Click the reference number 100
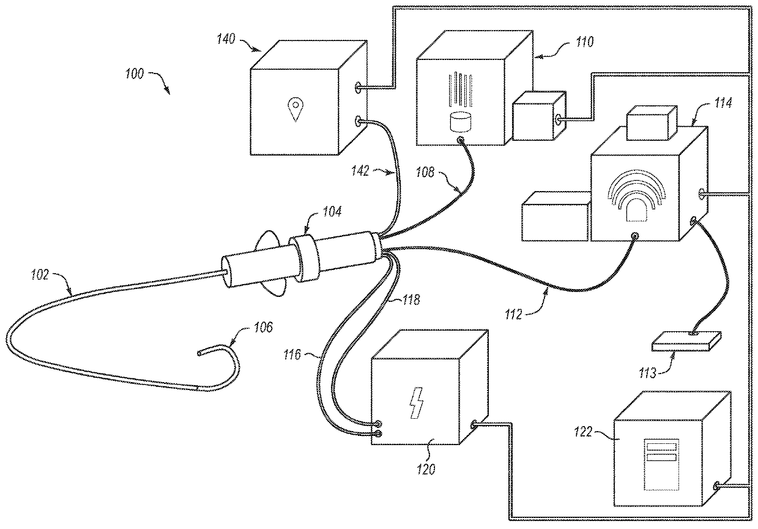[135, 74]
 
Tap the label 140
[226, 39]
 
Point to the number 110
[585, 42]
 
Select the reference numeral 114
[723, 103]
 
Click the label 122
[584, 432]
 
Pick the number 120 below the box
[426, 470]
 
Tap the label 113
[648, 373]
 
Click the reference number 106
[263, 327]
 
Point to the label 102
[40, 275]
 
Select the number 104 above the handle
[332, 212]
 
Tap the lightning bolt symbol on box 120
[417, 403]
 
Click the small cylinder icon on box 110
[461, 122]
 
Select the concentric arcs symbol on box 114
[636, 195]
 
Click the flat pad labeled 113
[686, 342]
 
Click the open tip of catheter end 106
[199, 353]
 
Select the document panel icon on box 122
[661, 464]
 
